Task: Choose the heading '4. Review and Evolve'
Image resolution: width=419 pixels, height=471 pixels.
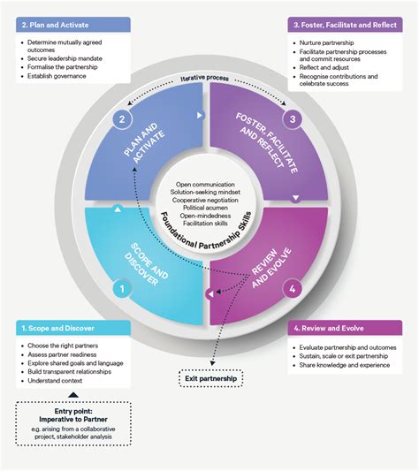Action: (335, 328)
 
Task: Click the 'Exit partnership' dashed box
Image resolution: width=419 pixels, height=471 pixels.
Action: (216, 379)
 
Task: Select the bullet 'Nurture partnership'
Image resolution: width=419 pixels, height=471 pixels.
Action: (331, 42)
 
